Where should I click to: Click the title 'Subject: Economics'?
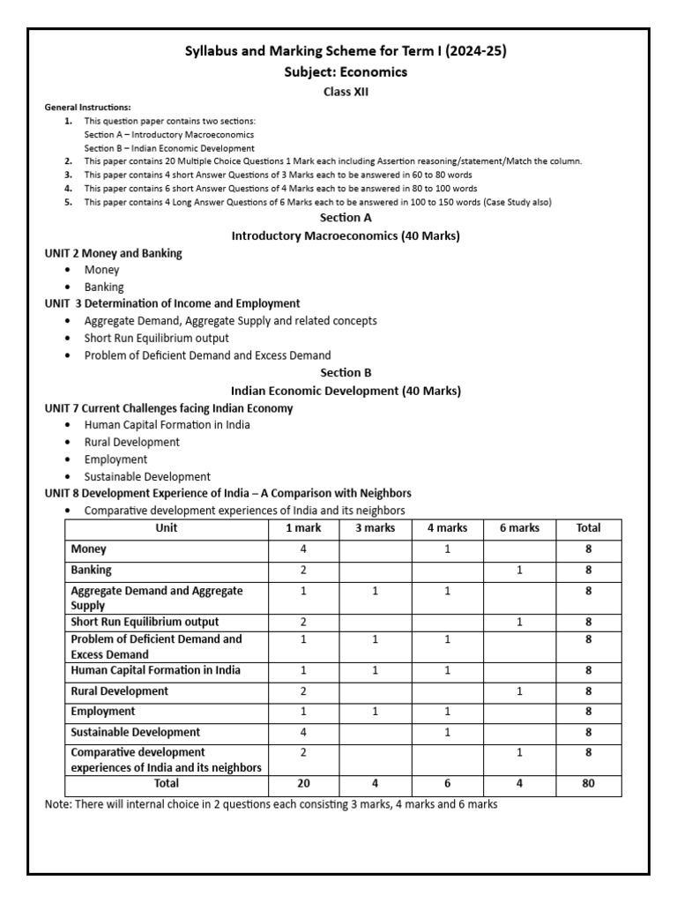345,72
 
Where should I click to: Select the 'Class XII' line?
345,91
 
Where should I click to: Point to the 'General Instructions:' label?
88,107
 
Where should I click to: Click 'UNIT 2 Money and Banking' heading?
114,253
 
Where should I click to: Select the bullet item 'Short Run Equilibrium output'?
156,338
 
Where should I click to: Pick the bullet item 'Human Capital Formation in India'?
167,424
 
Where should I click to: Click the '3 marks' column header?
375,528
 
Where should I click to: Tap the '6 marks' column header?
520,528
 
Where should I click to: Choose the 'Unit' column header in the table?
166,528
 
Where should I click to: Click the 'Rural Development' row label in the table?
119,691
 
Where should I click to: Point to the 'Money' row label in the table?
88,549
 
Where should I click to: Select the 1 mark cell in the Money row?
302,549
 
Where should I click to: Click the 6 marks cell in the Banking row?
520,571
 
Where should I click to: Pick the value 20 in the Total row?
302,783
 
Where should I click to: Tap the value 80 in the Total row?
588,783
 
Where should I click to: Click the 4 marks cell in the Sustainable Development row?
447,732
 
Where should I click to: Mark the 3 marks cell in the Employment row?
375,712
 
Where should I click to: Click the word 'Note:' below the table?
58,804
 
